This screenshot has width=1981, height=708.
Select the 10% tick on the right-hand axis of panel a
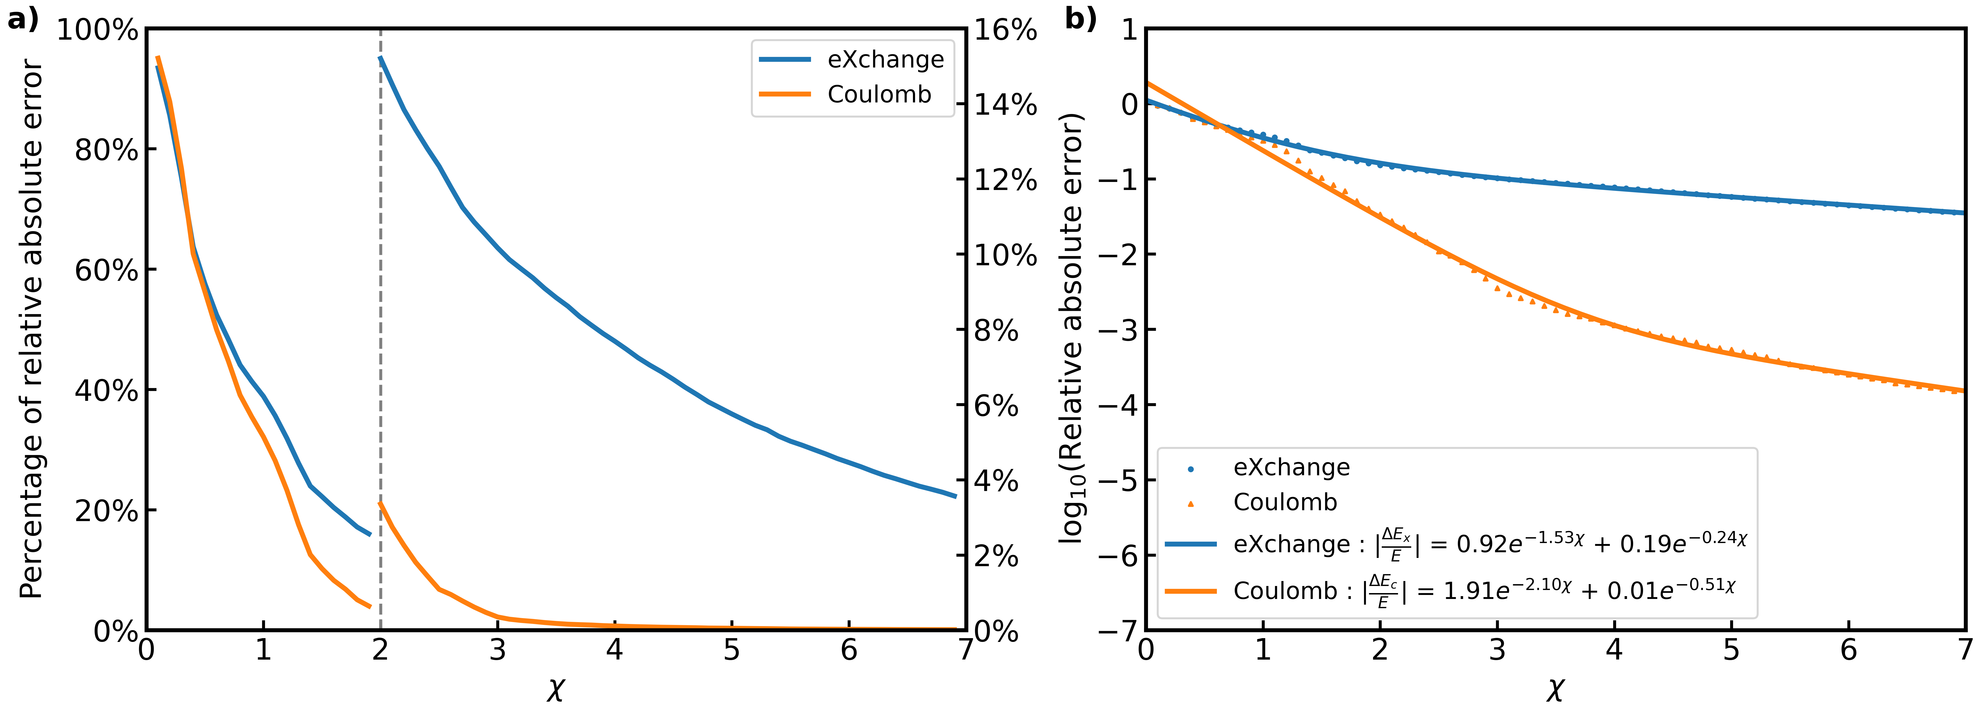pos(1006,255)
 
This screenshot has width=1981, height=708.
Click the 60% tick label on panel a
pos(106,270)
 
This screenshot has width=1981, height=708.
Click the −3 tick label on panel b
pos(1119,329)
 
